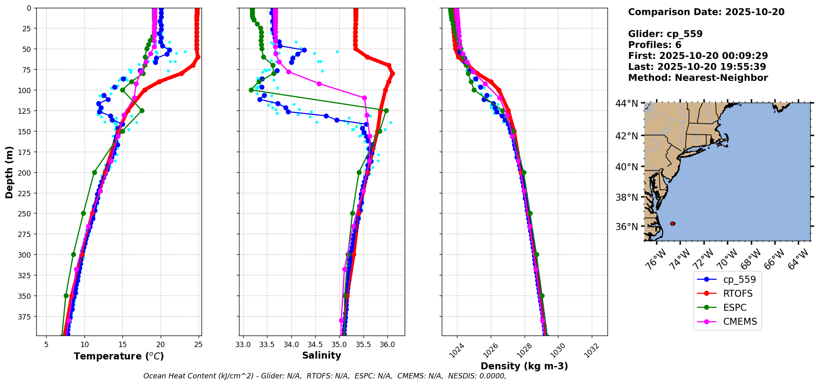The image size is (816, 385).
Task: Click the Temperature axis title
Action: pos(119,356)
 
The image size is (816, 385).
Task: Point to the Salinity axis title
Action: pos(321,355)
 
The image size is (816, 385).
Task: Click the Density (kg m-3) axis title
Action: pos(524,366)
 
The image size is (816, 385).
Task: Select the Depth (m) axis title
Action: pos(9,172)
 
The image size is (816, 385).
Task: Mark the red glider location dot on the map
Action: pos(673,223)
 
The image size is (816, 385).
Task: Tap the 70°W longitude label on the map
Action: pos(727,259)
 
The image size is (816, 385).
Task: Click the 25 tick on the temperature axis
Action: pos(198,345)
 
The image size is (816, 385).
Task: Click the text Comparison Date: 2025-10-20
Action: pos(706,12)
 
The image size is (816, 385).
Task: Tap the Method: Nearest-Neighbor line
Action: pos(698,78)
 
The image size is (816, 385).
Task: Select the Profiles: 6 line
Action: pos(654,45)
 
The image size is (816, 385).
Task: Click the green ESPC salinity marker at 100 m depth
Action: pos(251,90)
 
